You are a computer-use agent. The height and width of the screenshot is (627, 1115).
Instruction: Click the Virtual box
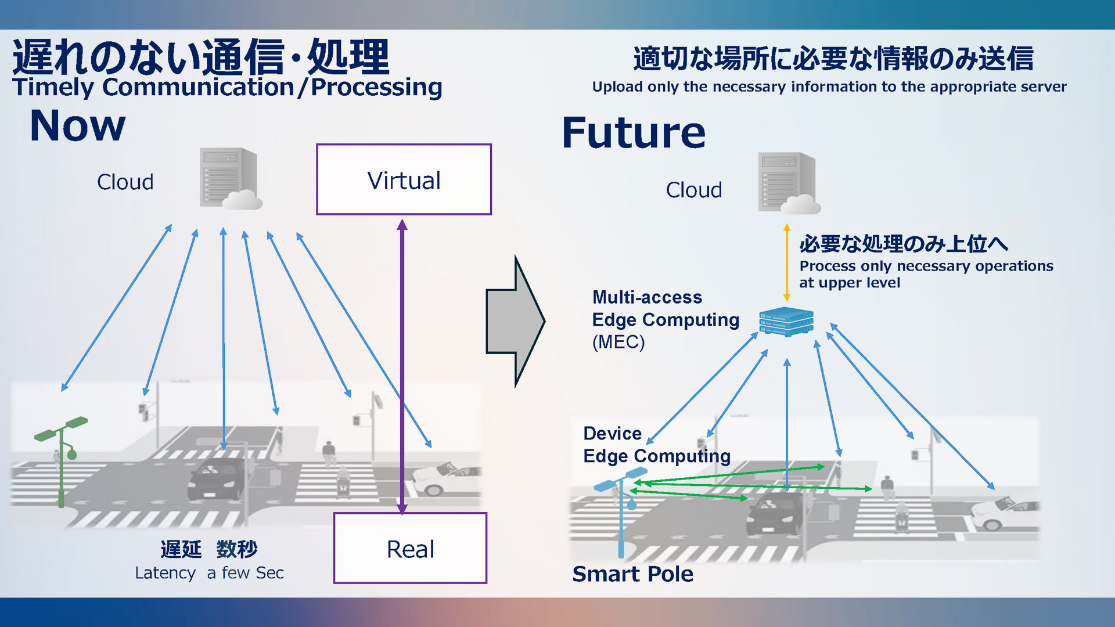click(x=404, y=180)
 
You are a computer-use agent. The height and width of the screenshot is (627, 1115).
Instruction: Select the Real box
click(x=410, y=549)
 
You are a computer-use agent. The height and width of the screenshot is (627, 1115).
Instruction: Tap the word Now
click(x=77, y=125)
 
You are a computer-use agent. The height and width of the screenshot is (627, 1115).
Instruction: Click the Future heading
click(x=634, y=132)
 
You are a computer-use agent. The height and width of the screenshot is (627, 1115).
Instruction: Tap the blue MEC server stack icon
click(x=786, y=322)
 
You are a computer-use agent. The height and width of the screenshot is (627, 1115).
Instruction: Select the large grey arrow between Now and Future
click(x=514, y=321)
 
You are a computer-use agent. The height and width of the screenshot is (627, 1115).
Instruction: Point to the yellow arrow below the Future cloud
click(x=787, y=261)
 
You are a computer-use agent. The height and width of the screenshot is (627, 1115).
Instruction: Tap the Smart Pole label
click(x=632, y=574)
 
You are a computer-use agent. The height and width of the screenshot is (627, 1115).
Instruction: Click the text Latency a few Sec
click(x=209, y=572)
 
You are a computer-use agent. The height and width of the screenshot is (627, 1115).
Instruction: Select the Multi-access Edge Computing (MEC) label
click(x=665, y=319)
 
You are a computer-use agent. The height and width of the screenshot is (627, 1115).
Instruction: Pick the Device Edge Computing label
click(x=656, y=445)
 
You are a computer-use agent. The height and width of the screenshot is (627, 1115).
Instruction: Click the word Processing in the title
click(x=376, y=87)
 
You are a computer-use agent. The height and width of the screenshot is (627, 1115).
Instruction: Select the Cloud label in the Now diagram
click(x=125, y=182)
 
